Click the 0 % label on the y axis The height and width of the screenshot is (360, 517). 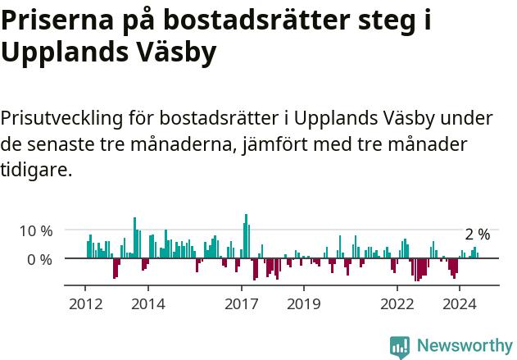point(39,259)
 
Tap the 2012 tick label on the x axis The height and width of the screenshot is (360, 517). point(85,303)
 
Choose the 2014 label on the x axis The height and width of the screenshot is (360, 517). point(147,303)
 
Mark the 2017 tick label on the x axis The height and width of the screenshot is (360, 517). point(242,303)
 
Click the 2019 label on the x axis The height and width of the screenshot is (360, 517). point(304,303)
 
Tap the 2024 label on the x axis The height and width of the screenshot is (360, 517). point(460,303)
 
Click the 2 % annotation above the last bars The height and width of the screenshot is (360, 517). point(477,235)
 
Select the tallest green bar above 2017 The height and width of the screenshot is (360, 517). point(246,236)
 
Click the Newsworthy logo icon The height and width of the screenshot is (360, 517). point(400,347)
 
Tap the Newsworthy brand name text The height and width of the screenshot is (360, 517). point(465,346)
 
